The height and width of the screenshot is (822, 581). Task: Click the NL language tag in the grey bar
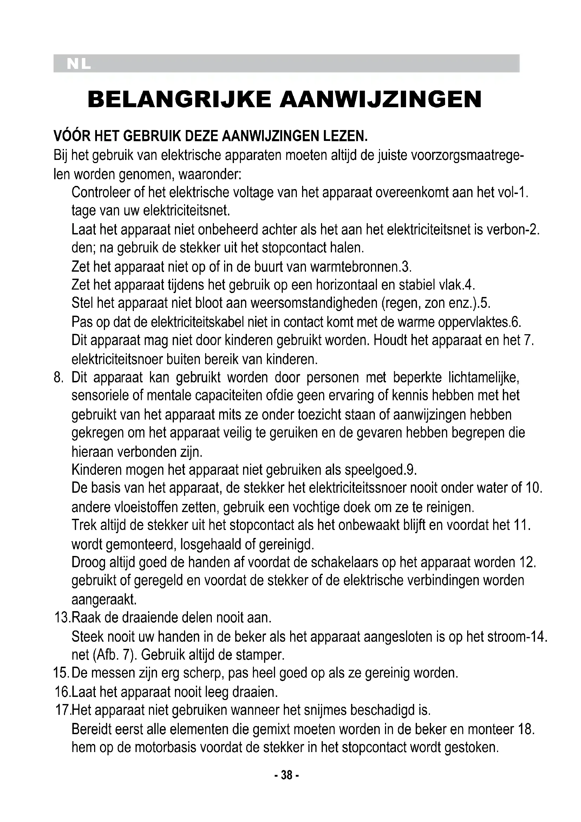point(79,64)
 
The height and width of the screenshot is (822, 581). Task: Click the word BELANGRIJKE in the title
point(179,99)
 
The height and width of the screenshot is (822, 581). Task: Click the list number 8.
point(58,377)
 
